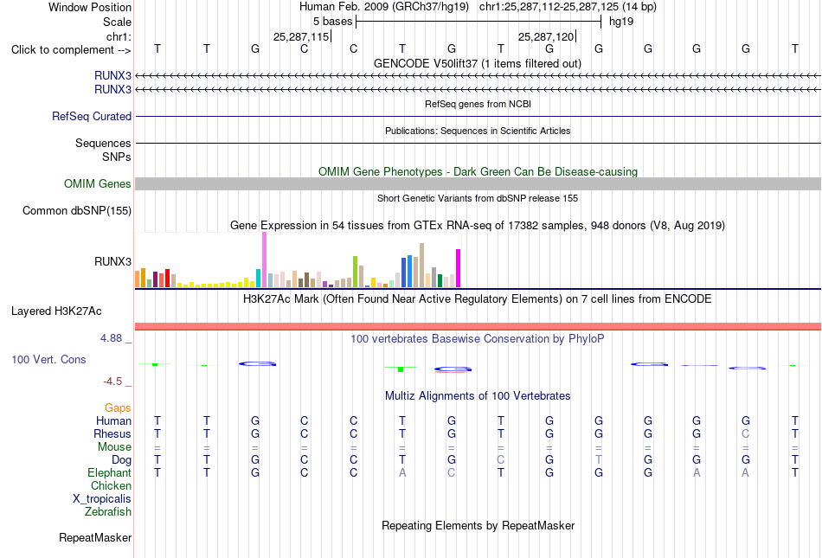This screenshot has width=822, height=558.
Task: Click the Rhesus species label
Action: [112, 433]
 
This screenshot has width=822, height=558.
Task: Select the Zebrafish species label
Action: [108, 511]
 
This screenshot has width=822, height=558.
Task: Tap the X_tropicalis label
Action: [102, 499]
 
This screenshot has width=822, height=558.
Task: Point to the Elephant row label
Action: [109, 472]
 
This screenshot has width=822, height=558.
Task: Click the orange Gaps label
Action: [118, 407]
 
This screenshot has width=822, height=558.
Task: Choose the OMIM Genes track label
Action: [98, 184]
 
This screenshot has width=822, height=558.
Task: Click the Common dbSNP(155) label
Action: [77, 210]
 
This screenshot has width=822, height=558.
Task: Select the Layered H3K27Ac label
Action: [56, 311]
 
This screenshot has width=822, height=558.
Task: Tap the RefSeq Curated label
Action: [92, 116]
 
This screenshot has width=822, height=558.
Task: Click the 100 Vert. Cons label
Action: [48, 359]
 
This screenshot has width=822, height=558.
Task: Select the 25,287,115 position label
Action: [301, 36]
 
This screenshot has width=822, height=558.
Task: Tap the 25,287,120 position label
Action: [546, 36]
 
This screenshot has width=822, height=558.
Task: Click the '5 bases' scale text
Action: [333, 22]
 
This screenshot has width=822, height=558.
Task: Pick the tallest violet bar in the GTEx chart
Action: [264, 260]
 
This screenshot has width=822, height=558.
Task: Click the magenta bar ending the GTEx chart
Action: [459, 268]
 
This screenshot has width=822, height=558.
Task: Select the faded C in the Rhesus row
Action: [746, 433]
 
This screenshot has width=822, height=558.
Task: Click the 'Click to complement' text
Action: [62, 50]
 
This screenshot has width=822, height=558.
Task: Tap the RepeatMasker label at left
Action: [95, 537]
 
